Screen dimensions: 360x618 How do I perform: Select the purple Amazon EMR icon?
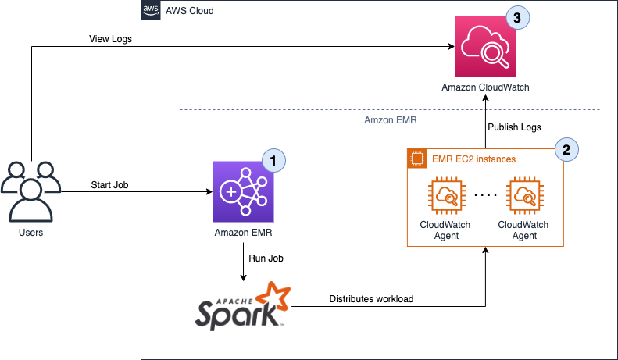click(x=243, y=191)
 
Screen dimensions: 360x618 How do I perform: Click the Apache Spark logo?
click(x=243, y=305)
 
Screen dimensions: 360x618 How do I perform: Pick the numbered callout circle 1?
click(x=273, y=160)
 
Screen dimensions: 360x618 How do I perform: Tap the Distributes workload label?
click(x=373, y=298)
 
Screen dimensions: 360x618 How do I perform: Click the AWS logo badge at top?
click(x=151, y=10)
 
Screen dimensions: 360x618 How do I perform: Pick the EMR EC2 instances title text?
click(x=473, y=159)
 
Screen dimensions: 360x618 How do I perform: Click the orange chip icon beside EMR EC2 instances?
click(x=416, y=159)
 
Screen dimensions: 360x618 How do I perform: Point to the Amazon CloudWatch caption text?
click(x=485, y=87)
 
